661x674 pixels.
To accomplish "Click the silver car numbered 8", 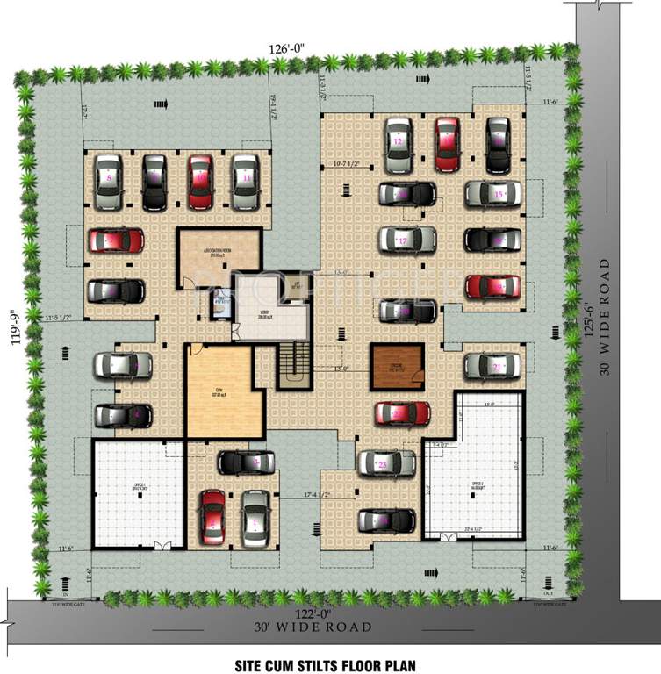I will point(109,182).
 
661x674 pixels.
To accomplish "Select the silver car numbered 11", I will point(246,182).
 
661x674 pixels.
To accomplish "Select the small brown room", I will point(394,366).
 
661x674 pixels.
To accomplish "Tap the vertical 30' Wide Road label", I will point(606,317).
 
